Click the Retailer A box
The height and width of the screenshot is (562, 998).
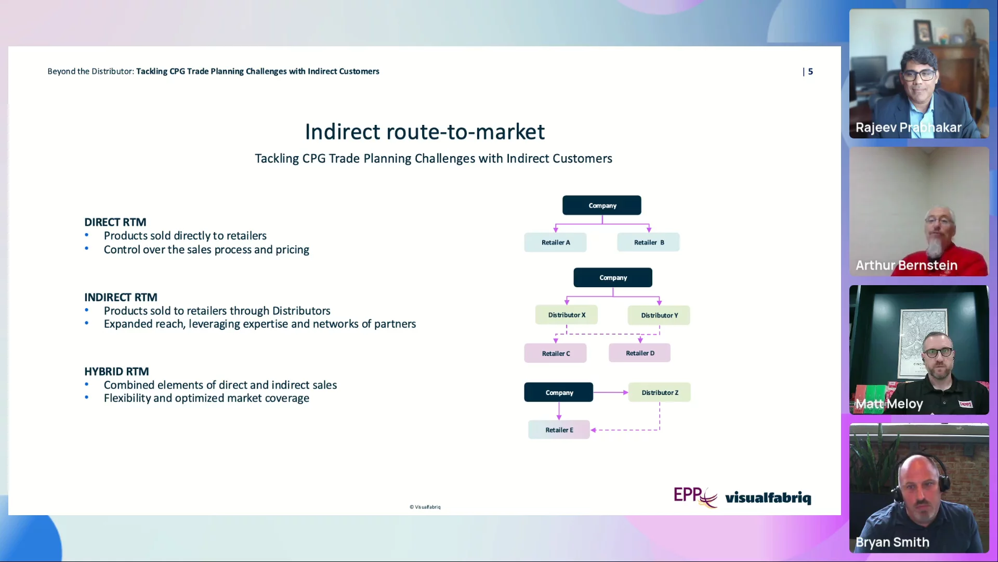coord(555,242)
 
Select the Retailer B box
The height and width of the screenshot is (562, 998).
coord(648,242)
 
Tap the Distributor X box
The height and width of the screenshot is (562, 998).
coord(566,315)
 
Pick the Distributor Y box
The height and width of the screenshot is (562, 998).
coord(659,315)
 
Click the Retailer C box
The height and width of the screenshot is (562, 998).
coord(555,353)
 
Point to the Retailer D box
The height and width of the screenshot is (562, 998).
coord(639,353)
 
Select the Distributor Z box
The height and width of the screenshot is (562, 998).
coord(659,392)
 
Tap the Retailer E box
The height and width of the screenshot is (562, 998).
coord(559,430)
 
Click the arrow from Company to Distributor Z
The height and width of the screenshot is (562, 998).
coord(611,392)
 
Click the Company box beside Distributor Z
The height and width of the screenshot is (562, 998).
coord(558,392)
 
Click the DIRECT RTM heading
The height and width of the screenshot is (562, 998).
coord(115,222)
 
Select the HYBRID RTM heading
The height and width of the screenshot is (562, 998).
coord(116,372)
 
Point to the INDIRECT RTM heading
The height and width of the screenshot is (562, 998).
coord(121,297)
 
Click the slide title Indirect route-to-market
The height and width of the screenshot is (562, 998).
coord(425,132)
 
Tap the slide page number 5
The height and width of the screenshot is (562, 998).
coord(810,71)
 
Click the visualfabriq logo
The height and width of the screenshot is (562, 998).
coord(768,497)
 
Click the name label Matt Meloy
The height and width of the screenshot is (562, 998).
coord(889,404)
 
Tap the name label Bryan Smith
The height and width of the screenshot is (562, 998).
coord(892,542)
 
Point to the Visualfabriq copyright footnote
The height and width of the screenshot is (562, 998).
coord(425,507)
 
